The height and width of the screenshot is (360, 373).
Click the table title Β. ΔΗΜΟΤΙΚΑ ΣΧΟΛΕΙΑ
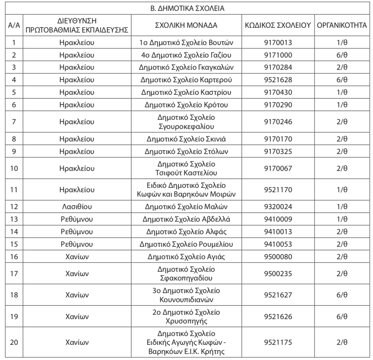coord(187,8)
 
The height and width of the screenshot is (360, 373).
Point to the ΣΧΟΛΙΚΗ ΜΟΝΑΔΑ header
coord(186,26)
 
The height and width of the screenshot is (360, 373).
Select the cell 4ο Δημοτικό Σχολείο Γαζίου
coord(186,55)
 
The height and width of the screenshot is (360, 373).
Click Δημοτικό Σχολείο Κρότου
coord(186,105)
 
